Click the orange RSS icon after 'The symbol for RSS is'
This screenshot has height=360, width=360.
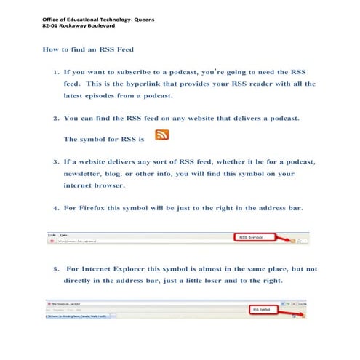click(161, 135)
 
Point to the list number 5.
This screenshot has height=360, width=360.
click(55, 268)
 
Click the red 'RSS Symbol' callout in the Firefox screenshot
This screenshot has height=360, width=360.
click(252, 237)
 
